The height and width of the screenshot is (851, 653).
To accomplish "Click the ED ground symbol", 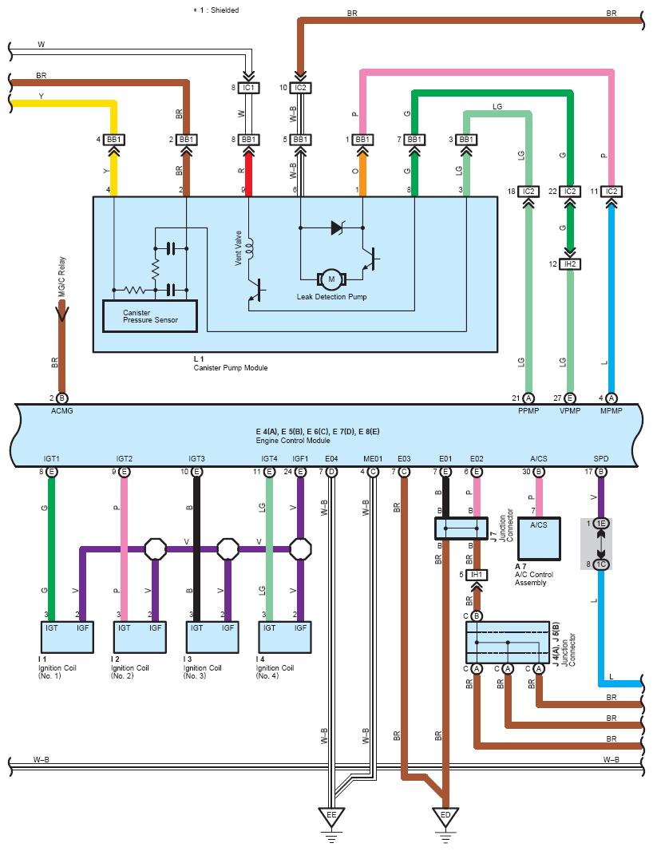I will coord(445,815).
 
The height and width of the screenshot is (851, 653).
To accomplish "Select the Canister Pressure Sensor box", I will coord(150,316).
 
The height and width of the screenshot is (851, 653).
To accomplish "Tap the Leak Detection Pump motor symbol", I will coord(330,278).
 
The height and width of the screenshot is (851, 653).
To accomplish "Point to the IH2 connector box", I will coord(570,263).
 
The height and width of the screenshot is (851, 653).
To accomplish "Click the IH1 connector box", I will coord(477,575).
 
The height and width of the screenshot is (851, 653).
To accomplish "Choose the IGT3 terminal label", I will coord(196,459).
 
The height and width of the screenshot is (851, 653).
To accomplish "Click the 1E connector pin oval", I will coord(600,523).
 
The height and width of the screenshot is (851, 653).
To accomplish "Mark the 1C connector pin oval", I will coord(600,564).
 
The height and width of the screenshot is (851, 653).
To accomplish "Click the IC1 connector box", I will coord(248,87).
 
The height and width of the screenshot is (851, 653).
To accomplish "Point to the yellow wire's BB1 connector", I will coord(114,140).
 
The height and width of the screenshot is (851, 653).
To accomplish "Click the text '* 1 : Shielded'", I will coord(216,10).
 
